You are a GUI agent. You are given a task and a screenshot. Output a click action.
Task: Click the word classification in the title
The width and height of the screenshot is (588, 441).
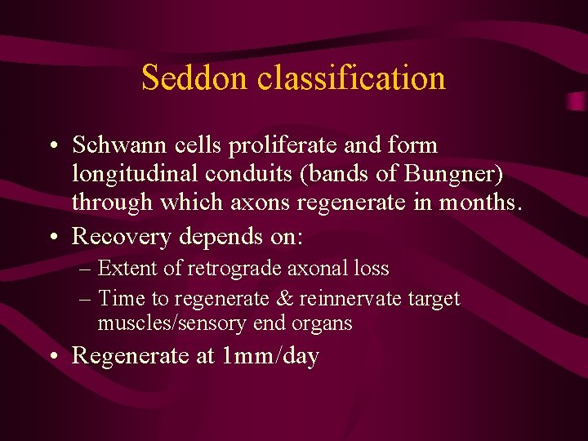(351, 78)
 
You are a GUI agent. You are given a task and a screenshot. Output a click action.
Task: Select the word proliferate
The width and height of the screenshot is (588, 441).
(295, 145)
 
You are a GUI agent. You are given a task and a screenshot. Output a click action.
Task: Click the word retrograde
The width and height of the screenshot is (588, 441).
(229, 269)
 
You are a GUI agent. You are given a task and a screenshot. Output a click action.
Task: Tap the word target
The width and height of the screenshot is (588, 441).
(434, 299)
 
